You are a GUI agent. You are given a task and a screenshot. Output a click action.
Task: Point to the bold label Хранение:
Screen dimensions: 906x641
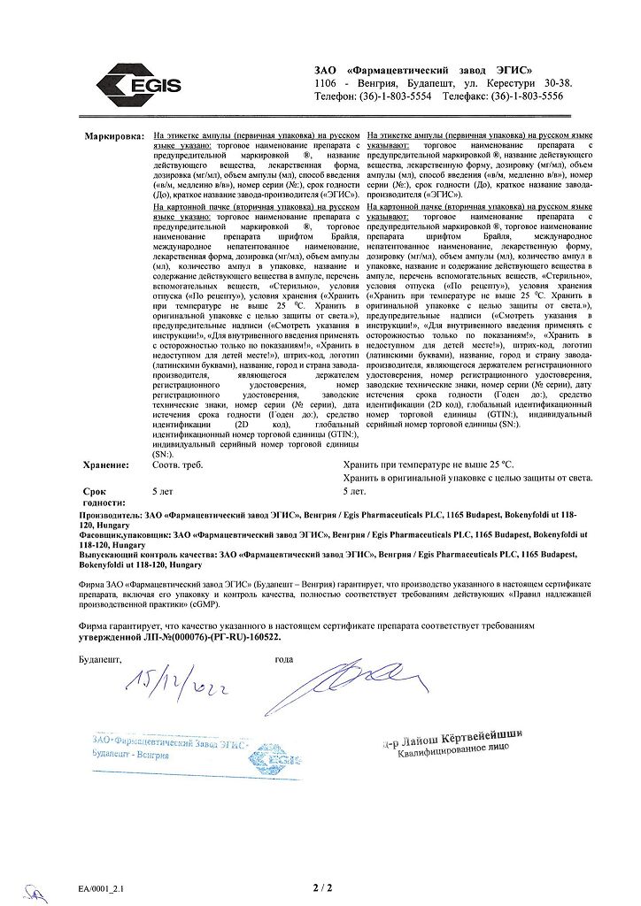click(x=105, y=465)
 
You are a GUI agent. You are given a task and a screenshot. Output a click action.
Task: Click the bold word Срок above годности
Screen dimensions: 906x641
click(x=95, y=489)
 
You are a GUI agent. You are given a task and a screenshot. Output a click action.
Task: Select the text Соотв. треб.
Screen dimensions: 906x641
click(x=178, y=465)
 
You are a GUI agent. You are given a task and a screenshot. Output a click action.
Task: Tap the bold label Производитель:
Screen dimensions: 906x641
click(x=116, y=514)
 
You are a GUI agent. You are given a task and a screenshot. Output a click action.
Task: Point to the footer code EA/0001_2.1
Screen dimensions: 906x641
click(x=102, y=887)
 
